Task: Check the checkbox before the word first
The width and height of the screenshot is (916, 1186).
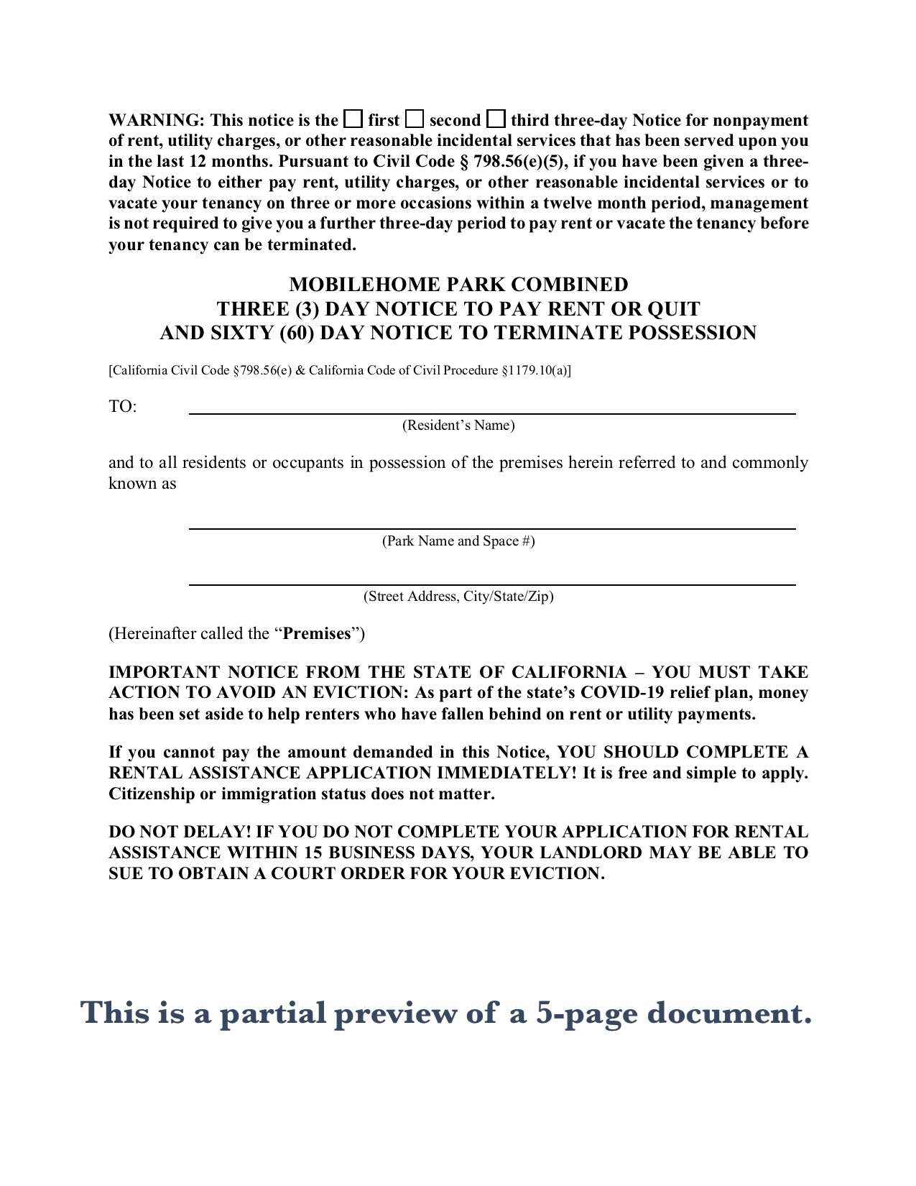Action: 353,119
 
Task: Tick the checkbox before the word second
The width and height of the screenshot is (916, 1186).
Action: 415,119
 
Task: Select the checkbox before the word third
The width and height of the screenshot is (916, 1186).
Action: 496,119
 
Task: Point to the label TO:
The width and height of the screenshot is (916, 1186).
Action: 122,407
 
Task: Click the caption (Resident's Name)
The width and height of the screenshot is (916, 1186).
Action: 458,426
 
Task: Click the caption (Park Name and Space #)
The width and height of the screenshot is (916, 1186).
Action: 458,541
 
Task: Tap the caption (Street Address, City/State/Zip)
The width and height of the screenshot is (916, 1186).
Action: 458,597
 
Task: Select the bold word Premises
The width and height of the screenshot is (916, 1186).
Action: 317,634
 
